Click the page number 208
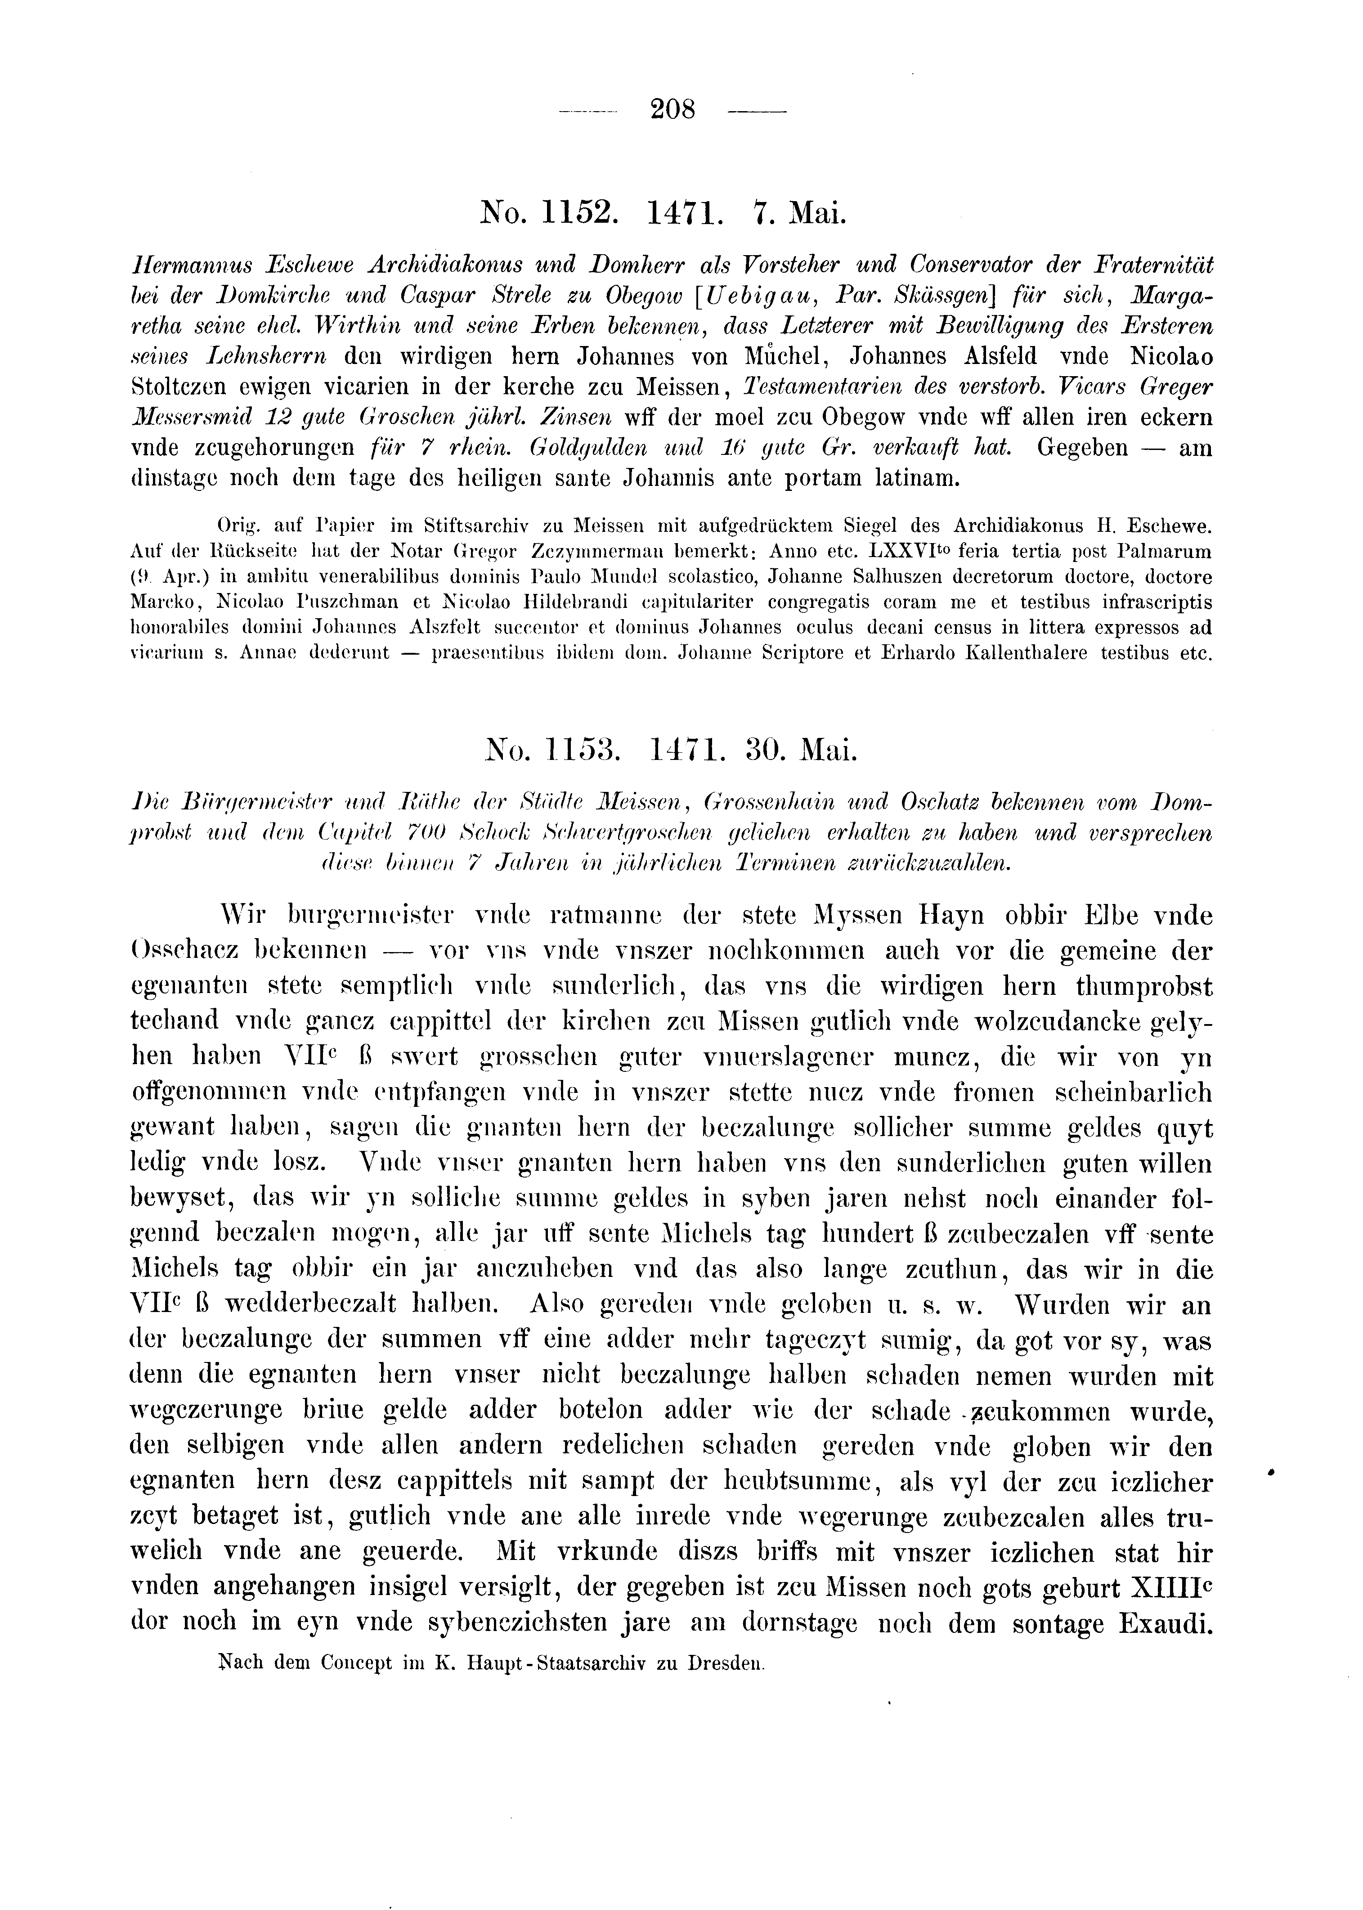(673, 110)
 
